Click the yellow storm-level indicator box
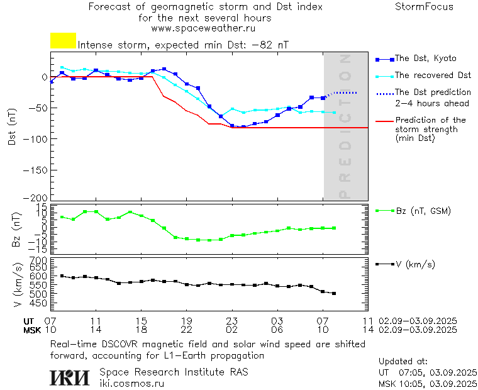pyautogui.click(x=63, y=41)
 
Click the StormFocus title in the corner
pyautogui.click(x=424, y=7)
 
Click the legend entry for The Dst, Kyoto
pyautogui.click(x=425, y=58)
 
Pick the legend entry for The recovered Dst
pyautogui.click(x=433, y=75)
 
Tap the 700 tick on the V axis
pyautogui.click(x=39, y=260)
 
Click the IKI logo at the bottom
pyautogui.click(x=70, y=377)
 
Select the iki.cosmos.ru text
pyautogui.click(x=132, y=382)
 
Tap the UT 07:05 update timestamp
pyautogui.click(x=428, y=372)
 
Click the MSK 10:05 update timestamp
pyautogui.click(x=428, y=383)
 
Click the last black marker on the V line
pyautogui.click(x=334, y=293)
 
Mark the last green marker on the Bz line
pyautogui.click(x=334, y=228)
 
